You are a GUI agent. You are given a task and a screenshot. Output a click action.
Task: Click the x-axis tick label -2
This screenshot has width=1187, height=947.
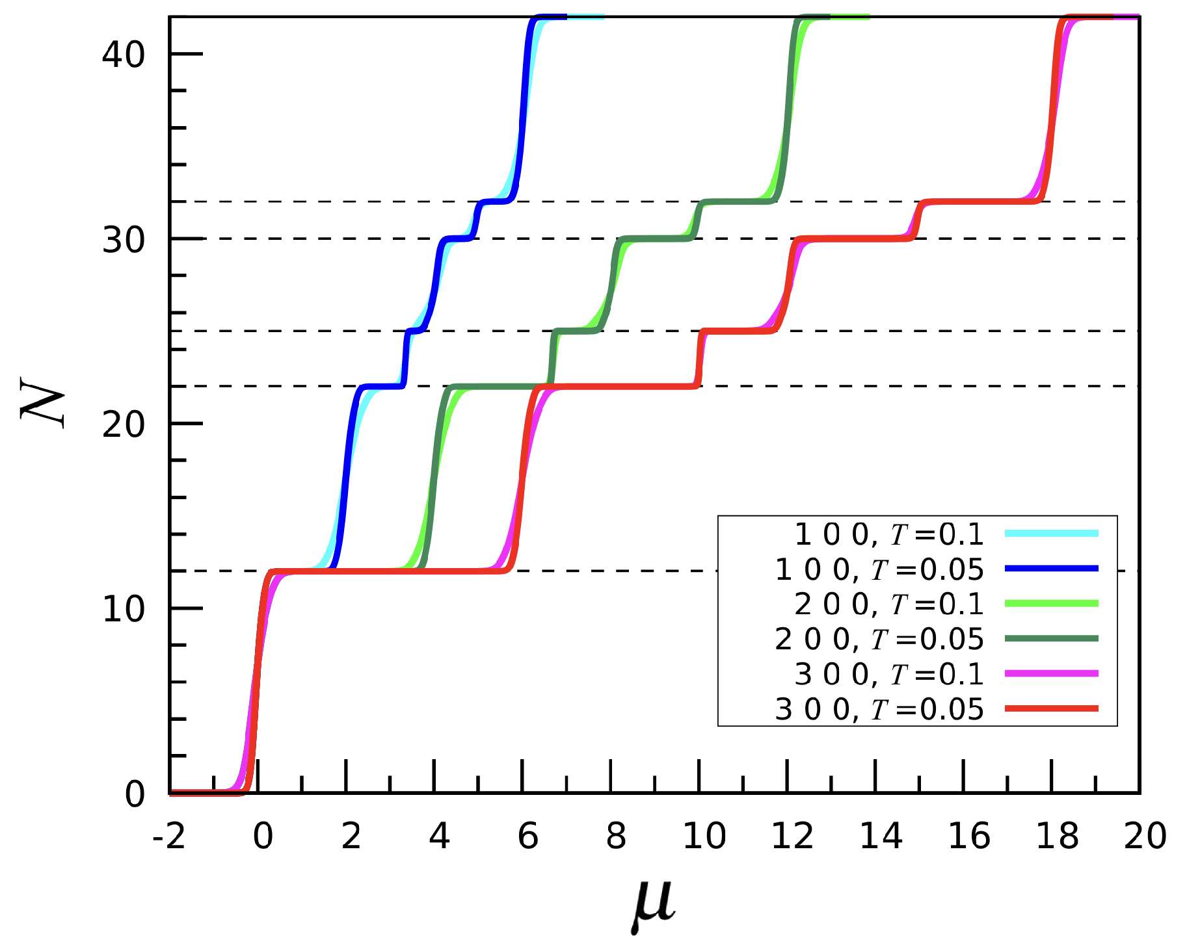168,836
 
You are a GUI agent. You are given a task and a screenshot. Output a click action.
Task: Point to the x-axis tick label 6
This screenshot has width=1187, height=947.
527,836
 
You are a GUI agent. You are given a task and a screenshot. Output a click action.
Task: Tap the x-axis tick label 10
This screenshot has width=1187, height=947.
704,836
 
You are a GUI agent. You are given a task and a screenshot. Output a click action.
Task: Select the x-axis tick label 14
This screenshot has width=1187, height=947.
881,836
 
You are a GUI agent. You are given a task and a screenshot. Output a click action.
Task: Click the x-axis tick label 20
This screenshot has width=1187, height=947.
1145,836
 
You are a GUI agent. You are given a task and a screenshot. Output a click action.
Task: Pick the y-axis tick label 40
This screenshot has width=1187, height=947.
123,54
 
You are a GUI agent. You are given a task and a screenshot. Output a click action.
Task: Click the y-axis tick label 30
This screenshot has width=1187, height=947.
123,239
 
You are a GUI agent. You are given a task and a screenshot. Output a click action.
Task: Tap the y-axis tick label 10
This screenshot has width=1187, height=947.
123,609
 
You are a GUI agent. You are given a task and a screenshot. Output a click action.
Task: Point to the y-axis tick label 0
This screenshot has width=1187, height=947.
135,794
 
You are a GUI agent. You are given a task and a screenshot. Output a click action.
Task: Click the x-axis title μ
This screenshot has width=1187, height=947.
653,903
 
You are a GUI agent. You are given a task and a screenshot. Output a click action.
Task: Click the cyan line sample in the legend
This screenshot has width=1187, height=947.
1051,534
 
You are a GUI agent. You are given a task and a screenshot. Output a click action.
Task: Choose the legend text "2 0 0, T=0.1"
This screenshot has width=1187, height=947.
888,604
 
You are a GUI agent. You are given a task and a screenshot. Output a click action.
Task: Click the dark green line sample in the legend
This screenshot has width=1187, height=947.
1051,639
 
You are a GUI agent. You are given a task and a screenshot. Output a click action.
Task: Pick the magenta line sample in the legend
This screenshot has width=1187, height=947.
1051,674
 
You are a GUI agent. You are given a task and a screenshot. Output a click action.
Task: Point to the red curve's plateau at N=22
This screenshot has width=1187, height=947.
618,387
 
